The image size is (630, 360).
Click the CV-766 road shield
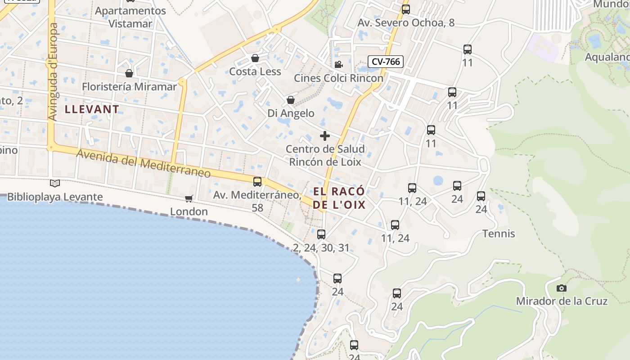coord(386,62)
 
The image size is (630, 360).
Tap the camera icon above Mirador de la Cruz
coord(562,288)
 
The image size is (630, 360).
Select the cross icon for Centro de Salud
coord(325,136)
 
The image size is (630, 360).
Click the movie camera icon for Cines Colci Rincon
coord(338,64)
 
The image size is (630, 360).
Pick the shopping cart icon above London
coord(189,198)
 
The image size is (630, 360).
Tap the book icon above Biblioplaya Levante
coord(55,184)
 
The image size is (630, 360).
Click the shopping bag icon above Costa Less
coord(255,58)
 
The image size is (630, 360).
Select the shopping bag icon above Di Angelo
coord(291,100)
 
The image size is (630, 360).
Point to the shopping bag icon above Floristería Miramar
coord(129,73)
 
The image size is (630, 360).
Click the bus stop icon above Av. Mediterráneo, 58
coord(257,182)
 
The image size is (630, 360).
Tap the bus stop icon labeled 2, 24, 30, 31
coord(321,234)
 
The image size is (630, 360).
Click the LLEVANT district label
coord(92,109)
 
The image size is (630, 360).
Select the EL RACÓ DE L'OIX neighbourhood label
coord(339,198)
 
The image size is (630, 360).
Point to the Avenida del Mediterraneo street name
coord(144,163)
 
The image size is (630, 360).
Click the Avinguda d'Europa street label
coord(53,72)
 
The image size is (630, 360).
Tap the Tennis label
coord(499,234)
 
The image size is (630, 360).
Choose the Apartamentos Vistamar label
coord(130,17)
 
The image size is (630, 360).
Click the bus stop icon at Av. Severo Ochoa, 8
coord(406,9)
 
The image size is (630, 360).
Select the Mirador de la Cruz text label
coord(562,301)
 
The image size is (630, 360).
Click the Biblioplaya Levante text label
coord(55,197)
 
